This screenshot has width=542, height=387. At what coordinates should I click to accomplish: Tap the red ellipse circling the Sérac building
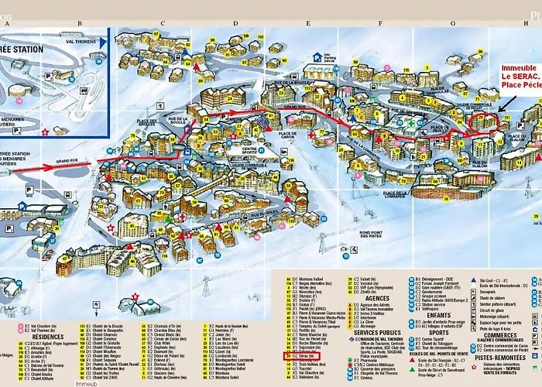tap(485, 122)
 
